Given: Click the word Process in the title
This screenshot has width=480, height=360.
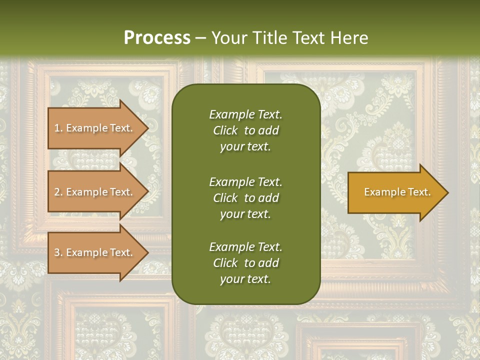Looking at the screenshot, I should (x=157, y=38).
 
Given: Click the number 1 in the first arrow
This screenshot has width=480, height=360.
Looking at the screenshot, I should (x=57, y=128).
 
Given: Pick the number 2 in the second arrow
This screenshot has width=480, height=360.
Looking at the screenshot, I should (x=57, y=192).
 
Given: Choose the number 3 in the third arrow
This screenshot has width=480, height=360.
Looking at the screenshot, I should (x=57, y=252).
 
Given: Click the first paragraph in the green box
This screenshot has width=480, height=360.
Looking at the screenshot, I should (x=245, y=130).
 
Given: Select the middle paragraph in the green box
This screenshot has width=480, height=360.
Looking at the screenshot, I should (x=245, y=198).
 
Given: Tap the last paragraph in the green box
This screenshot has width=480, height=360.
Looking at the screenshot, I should (x=245, y=263).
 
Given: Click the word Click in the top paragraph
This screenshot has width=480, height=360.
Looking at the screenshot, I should (x=225, y=130).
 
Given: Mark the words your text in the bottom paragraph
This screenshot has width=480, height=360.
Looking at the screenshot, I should (x=245, y=279).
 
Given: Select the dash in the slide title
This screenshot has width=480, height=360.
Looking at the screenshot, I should (x=200, y=38).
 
